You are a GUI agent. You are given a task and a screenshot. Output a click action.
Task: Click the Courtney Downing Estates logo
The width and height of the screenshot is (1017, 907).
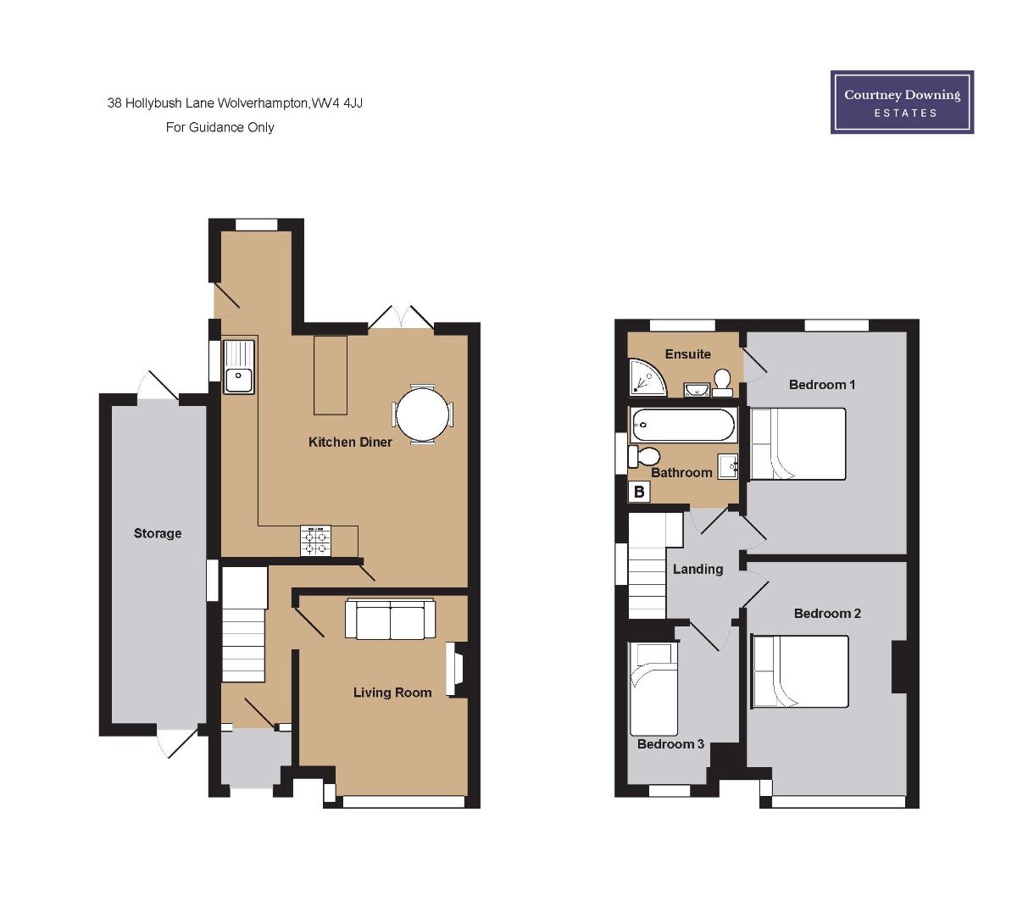click(902, 102)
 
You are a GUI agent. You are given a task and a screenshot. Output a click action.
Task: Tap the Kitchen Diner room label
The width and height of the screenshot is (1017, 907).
click(350, 442)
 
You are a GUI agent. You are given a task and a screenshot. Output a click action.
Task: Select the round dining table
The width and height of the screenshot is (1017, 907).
click(422, 415)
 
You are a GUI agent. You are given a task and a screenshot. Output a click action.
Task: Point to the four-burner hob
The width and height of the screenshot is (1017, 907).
click(316, 540)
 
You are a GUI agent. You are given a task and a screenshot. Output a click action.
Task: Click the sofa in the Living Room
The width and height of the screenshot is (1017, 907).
click(390, 620)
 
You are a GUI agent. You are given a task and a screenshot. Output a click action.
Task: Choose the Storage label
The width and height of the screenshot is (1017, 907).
click(158, 533)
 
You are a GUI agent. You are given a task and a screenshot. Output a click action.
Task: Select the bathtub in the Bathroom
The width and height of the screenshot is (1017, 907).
click(683, 425)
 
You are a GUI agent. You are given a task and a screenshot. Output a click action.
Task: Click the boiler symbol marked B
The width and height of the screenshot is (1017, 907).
click(639, 491)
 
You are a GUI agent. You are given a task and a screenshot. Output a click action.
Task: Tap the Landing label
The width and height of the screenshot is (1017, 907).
click(697, 569)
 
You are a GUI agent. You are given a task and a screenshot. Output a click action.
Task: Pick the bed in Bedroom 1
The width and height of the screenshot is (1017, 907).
click(797, 444)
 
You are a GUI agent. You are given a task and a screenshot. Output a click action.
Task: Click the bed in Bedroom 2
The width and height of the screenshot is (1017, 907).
click(800, 671)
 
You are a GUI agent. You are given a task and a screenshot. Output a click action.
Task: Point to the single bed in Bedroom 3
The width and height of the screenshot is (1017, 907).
click(653, 689)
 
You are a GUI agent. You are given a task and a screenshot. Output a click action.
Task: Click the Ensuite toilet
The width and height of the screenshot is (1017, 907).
click(722, 382)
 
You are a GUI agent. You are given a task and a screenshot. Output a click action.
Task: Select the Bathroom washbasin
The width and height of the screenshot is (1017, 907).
click(727, 466)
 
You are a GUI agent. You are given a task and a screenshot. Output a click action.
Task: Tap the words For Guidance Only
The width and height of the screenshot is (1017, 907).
click(220, 127)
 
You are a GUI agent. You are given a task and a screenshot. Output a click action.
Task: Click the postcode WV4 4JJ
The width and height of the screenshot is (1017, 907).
click(336, 103)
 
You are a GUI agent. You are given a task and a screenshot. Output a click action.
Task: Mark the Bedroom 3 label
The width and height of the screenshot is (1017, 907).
click(670, 743)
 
